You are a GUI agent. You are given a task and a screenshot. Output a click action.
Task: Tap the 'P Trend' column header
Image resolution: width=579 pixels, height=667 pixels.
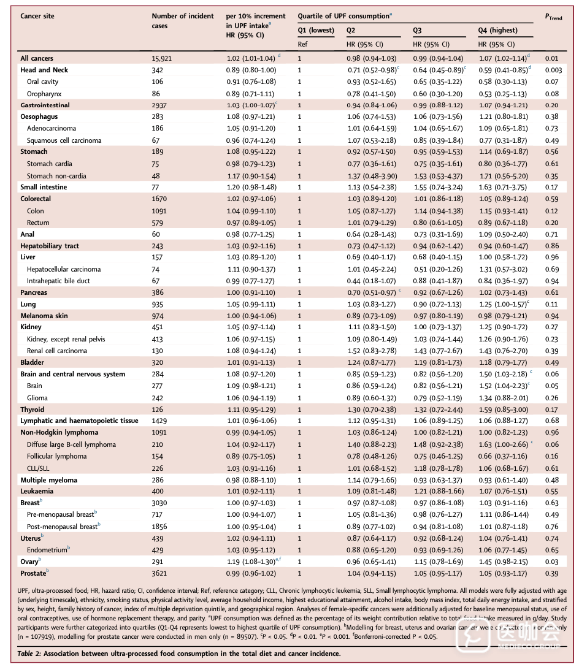pyautogui.click(x=553, y=17)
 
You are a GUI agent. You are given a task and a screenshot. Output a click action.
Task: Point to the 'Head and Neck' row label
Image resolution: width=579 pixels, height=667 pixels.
pyautogui.click(x=44, y=70)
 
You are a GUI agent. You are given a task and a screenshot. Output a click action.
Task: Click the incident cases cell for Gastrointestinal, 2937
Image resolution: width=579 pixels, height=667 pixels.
pyautogui.click(x=160, y=105)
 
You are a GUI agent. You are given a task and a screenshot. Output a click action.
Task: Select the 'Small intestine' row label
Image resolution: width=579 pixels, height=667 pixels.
pyautogui.click(x=44, y=187)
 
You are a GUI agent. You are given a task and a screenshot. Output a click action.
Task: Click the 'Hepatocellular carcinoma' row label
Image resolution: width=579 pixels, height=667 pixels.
pyautogui.click(x=64, y=269)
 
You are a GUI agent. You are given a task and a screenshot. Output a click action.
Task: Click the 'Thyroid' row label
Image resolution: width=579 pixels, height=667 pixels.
pyautogui.click(x=33, y=410)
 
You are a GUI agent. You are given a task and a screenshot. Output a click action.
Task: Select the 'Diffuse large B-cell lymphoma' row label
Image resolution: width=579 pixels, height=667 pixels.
pyautogui.click(x=71, y=445)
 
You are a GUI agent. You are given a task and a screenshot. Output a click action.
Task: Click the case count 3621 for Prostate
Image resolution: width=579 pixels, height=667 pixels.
pyautogui.click(x=160, y=573)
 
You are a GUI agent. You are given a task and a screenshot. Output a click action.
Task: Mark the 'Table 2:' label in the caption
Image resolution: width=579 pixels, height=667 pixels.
pyautogui.click(x=31, y=654)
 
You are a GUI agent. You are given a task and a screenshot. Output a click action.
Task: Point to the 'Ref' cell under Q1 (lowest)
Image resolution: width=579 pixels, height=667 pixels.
pyautogui.click(x=303, y=44)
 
